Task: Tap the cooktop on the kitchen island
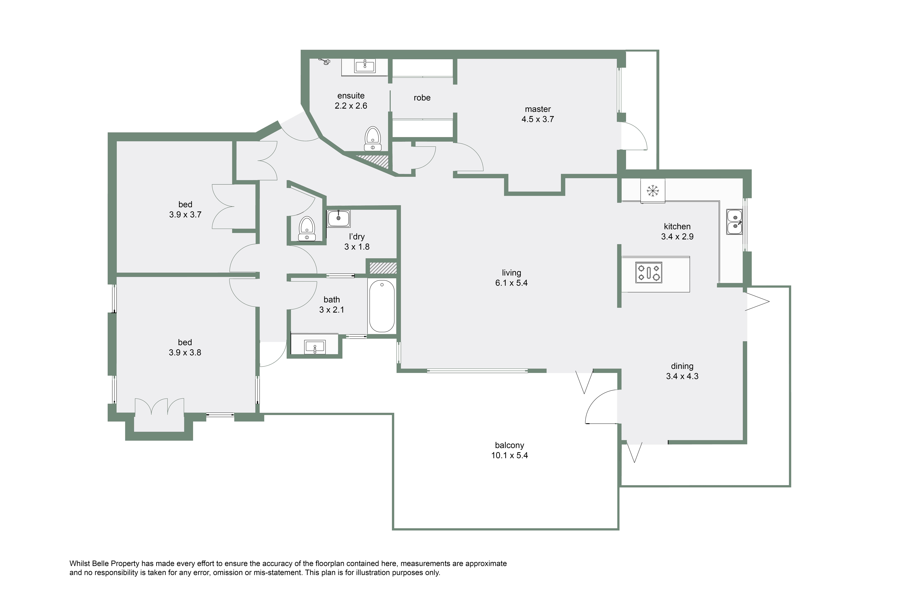point(649,273)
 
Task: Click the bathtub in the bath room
point(382,306)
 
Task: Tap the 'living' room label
point(511,273)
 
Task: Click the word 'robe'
point(422,98)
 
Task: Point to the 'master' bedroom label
point(538,109)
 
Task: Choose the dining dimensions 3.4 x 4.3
point(682,376)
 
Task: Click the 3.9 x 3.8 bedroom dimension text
point(185,352)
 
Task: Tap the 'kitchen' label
point(677,227)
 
